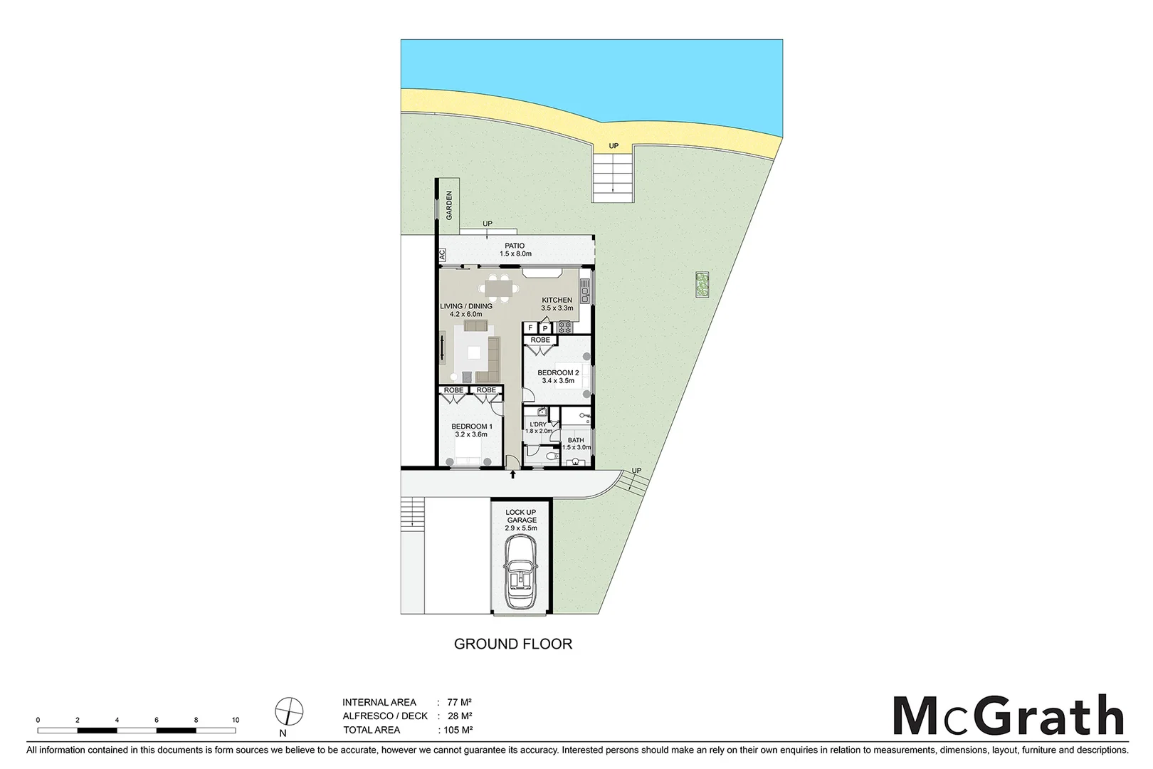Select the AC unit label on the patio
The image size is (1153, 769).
pyautogui.click(x=442, y=254)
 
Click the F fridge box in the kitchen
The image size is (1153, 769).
pyautogui.click(x=530, y=328)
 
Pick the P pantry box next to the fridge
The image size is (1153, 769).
pyautogui.click(x=545, y=328)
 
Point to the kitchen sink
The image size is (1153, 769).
pyautogui.click(x=584, y=289)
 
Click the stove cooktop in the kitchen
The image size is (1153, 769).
pyautogui.click(x=565, y=327)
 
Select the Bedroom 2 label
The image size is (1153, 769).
pyautogui.click(x=558, y=372)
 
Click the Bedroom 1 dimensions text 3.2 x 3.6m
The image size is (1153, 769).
pyautogui.click(x=470, y=434)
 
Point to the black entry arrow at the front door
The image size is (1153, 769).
pyautogui.click(x=512, y=474)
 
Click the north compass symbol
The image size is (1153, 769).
pyautogui.click(x=289, y=711)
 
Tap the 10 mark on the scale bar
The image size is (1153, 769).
pyautogui.click(x=236, y=720)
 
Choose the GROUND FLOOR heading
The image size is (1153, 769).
pyautogui.click(x=513, y=644)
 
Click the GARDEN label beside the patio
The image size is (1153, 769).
pyautogui.click(x=449, y=205)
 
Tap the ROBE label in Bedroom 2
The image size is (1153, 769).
pyautogui.click(x=541, y=340)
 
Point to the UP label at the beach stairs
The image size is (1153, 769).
pyautogui.click(x=614, y=146)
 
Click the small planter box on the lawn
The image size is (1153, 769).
pyautogui.click(x=702, y=284)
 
